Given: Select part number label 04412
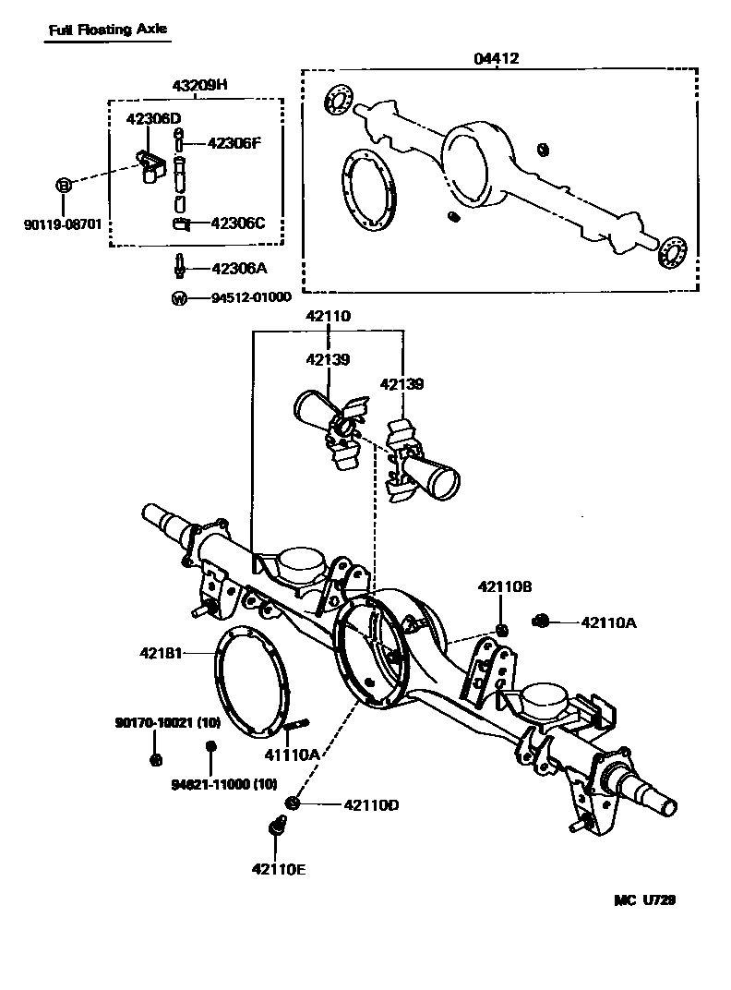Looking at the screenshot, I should coord(496,58).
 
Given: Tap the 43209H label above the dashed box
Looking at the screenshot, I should coord(199,85).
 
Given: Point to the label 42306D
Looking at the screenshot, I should coord(153,118).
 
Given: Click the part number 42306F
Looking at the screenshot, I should coord(235,143).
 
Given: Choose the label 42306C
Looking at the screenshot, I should coord(238,223).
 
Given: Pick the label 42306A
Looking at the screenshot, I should coord(239,269).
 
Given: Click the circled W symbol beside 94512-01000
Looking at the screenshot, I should coord(179,297).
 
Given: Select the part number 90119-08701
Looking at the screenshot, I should coord(63,224).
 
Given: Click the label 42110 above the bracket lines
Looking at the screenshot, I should coord(329,316).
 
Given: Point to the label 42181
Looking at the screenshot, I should coord(161,653).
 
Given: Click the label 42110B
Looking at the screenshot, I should coord(504,586).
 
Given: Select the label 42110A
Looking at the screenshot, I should coord(608,622).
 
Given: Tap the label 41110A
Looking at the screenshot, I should coord(292,755).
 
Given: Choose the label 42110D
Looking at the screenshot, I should coord(370,805).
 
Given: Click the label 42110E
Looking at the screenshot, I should coord(277,867).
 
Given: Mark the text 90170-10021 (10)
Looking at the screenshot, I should coord(155,723).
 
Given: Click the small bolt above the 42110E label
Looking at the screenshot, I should coord(277,828).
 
